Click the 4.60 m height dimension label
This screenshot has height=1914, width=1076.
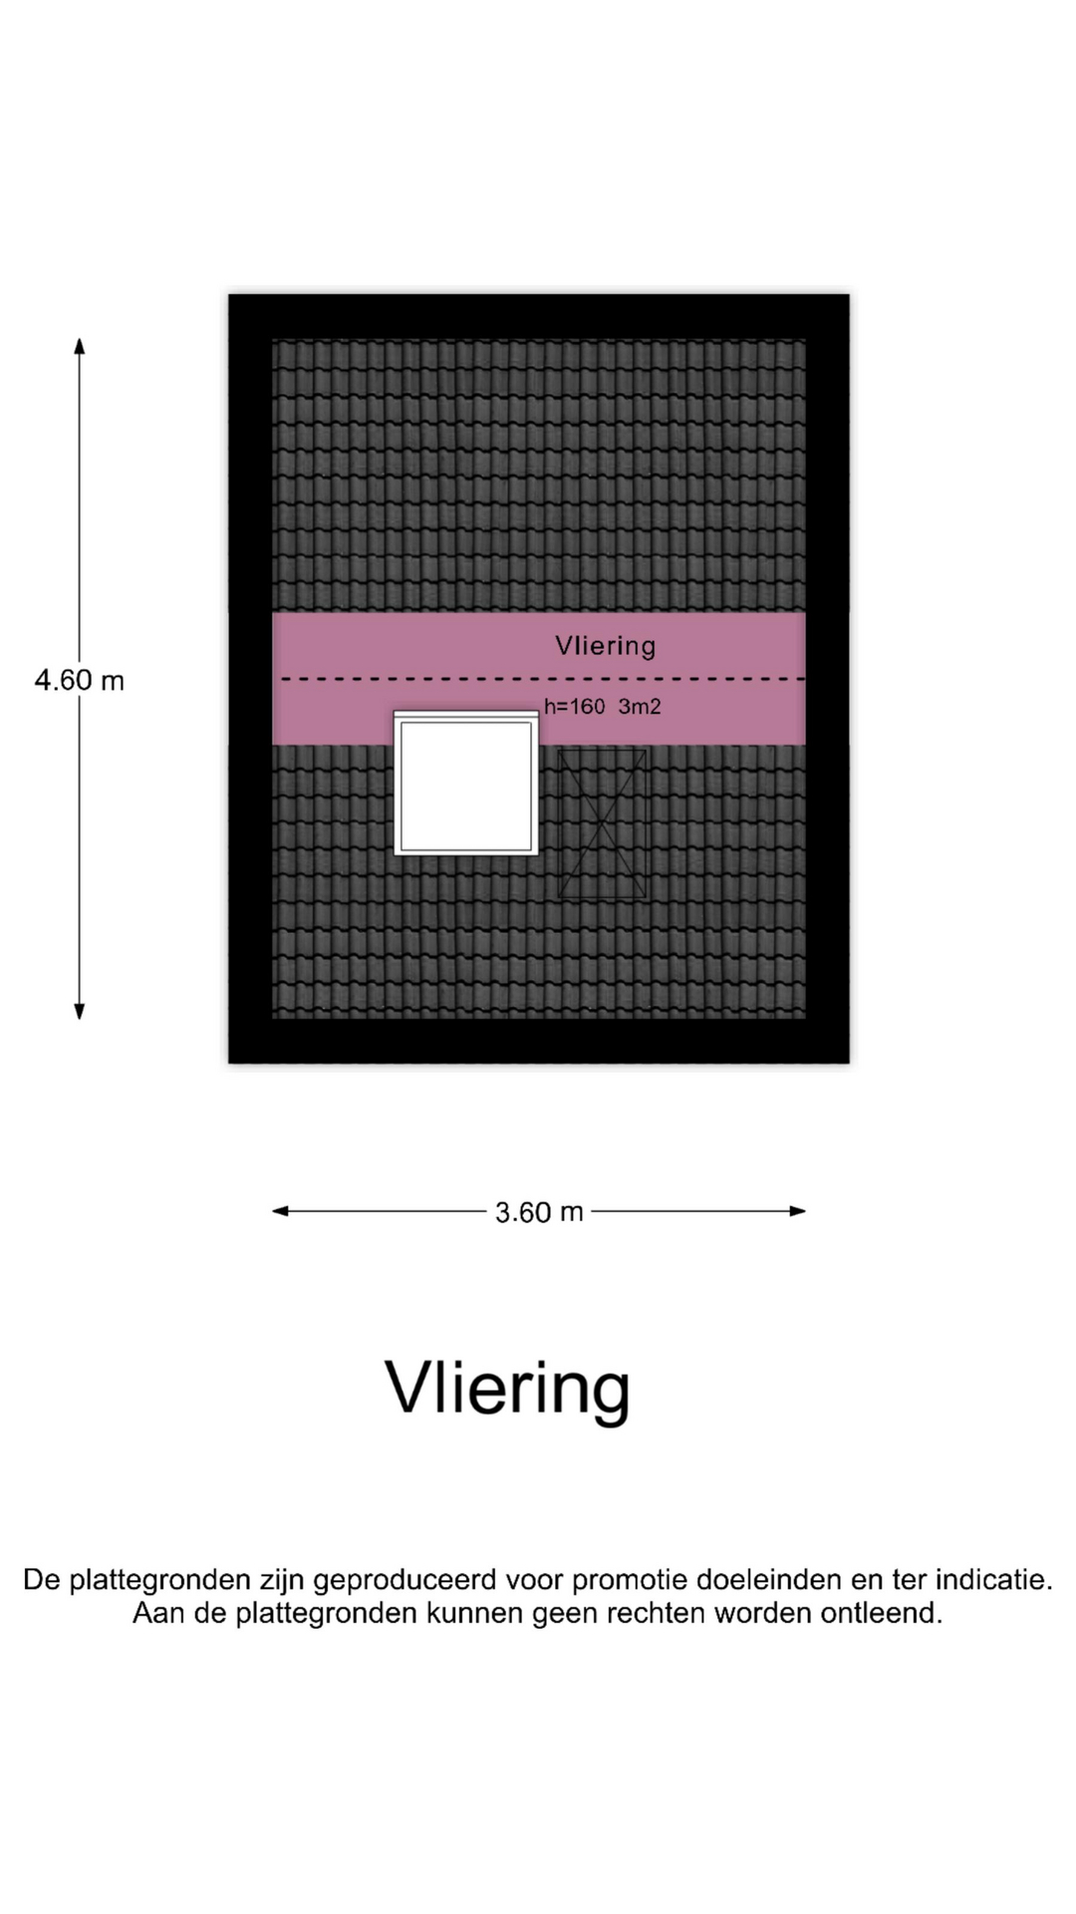(x=80, y=681)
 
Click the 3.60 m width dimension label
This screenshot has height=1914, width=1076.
(x=539, y=1212)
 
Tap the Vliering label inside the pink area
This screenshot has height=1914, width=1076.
(x=606, y=646)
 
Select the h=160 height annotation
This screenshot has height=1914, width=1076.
(x=575, y=707)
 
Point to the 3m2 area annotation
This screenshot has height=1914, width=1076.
(x=640, y=707)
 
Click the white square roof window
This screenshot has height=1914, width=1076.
(x=466, y=784)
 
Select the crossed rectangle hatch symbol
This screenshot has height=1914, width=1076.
(x=603, y=823)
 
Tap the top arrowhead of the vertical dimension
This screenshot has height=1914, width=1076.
(x=80, y=345)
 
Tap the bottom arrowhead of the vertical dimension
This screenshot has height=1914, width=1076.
(x=80, y=1012)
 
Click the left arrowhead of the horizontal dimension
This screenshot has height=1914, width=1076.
(x=281, y=1211)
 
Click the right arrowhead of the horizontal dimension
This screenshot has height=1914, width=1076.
(x=797, y=1211)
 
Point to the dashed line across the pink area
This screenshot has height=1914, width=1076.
(x=544, y=679)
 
